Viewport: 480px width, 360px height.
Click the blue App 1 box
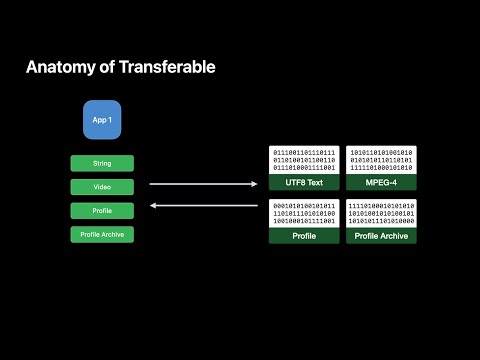click(x=101, y=120)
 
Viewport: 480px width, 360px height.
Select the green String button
click(x=101, y=163)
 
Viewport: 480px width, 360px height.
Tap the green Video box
click(x=101, y=187)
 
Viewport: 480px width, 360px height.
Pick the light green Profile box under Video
click(x=101, y=210)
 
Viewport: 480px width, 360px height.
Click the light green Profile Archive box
click(x=101, y=234)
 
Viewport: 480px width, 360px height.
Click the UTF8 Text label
click(x=304, y=183)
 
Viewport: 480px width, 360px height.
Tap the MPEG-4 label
click(x=381, y=183)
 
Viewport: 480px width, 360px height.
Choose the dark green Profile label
click(x=304, y=236)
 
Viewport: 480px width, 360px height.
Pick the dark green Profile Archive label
click(x=381, y=236)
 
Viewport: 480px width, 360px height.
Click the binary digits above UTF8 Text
click(x=304, y=161)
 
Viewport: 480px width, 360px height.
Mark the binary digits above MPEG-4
click(x=381, y=161)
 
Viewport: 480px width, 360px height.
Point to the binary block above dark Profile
click(x=304, y=214)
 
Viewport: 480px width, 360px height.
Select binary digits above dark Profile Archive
click(x=381, y=214)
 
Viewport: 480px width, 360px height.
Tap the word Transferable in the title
click(x=167, y=68)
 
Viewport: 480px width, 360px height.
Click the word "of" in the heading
click(x=107, y=68)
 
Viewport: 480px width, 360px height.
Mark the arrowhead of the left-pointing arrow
click(x=152, y=207)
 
